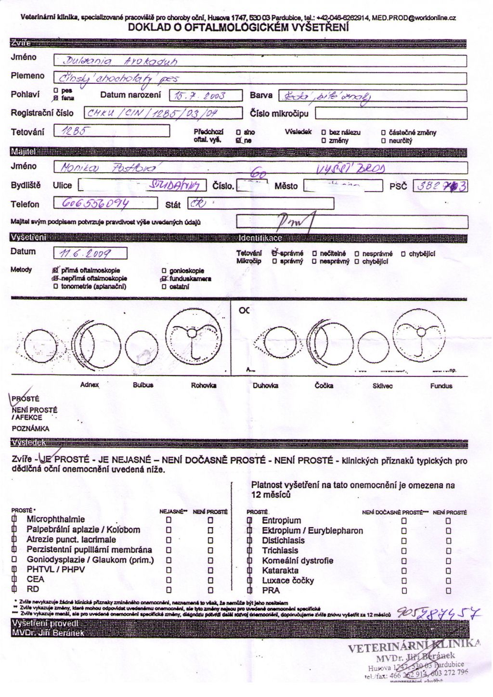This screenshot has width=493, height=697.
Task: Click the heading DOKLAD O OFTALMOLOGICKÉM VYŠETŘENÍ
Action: pos(238,28)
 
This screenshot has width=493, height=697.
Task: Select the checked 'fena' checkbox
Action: pos(56,98)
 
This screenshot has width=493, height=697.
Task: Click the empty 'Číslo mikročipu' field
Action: pos(390,114)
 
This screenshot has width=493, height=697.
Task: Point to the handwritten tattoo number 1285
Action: pos(72,130)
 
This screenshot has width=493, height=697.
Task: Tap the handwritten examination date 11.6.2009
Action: pos(83,253)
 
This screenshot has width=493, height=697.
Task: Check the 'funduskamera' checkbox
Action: pos(165,279)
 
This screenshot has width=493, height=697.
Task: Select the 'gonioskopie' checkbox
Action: pos(165,271)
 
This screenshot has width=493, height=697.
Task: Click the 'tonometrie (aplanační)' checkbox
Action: pos(56,286)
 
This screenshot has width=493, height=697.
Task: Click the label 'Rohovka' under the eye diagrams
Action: pos(203,385)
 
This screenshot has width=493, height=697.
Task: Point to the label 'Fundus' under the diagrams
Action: pos(441,386)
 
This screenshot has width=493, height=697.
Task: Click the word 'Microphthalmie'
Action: pos(56,519)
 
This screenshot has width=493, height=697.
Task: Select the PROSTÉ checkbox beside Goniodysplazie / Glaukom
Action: pos(14,560)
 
